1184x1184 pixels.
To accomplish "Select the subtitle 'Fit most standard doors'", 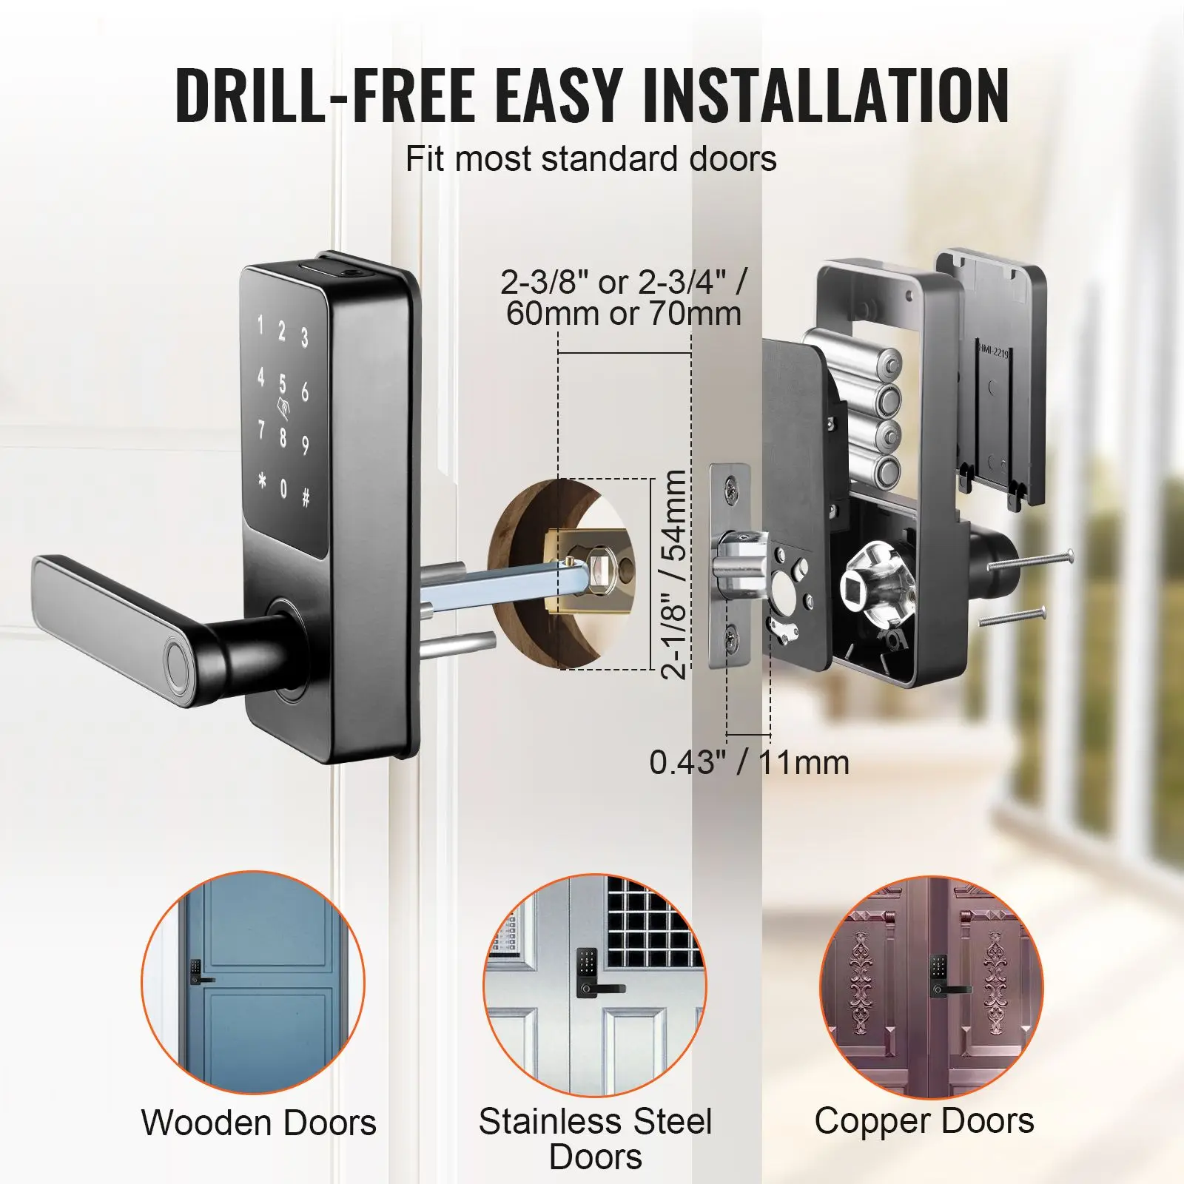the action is pyautogui.click(x=591, y=158).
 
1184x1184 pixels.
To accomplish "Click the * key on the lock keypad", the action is pyautogui.click(x=261, y=481).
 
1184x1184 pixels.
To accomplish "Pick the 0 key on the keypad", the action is pyautogui.click(x=283, y=490).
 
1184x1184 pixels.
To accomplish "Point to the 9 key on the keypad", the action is pyautogui.click(x=305, y=446).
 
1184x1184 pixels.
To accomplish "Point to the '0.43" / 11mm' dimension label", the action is pyautogui.click(x=750, y=763).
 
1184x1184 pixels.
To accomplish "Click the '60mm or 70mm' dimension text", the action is pyautogui.click(x=624, y=314).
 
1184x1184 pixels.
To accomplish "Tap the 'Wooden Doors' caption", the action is pyautogui.click(x=259, y=1123).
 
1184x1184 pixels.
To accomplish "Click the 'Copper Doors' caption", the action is pyautogui.click(x=924, y=1121).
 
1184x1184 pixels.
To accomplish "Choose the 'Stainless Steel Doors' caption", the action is pyautogui.click(x=595, y=1139).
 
